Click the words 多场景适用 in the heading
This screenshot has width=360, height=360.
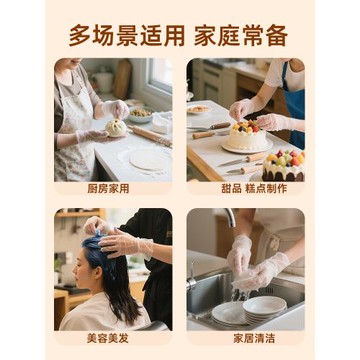(x=125, y=35)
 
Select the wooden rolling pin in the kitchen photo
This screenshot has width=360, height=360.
(x=150, y=135)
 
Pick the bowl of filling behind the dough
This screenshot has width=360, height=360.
(x=140, y=114)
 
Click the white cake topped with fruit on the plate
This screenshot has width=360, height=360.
(x=247, y=135)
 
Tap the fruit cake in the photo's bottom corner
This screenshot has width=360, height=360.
(x=284, y=164)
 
